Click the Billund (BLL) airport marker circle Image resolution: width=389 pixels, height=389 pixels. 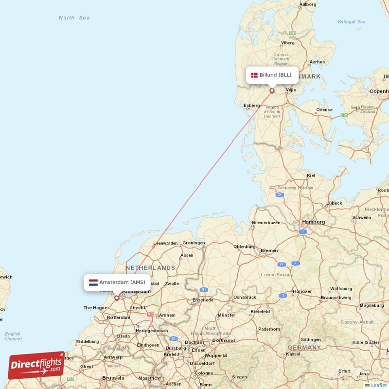click(x=272, y=90)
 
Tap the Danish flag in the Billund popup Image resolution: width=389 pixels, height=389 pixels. click(x=254, y=75)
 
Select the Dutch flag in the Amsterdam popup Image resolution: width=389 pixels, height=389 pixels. click(x=93, y=282)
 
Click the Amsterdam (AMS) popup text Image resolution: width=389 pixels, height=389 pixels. click(x=122, y=282)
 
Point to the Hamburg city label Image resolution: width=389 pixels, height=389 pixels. click(x=313, y=222)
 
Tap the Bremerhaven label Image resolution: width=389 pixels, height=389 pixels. click(x=266, y=223)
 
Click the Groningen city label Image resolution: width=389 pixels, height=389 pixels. click(x=194, y=243)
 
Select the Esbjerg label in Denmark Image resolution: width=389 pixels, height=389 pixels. click(x=251, y=105)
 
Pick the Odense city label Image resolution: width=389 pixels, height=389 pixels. click(x=324, y=110)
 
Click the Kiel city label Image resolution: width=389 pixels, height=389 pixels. click(x=311, y=175)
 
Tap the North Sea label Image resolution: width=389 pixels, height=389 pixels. click(x=74, y=18)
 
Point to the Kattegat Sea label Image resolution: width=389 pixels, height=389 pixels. click(x=352, y=22)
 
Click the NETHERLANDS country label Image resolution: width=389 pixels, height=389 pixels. click(x=150, y=268)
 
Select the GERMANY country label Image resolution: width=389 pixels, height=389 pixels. click(x=304, y=348)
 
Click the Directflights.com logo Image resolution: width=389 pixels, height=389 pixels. click(x=36, y=365)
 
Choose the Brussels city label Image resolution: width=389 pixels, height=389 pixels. click(x=113, y=378)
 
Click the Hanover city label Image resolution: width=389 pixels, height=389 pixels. click(x=302, y=292)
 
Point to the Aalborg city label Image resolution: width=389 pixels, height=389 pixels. click(x=308, y=4)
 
